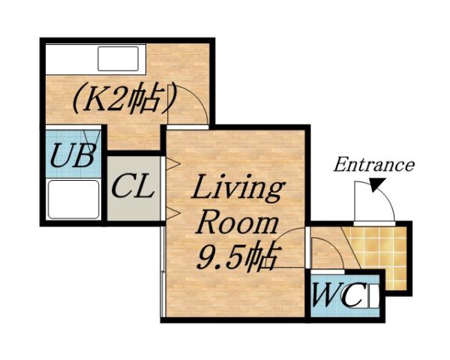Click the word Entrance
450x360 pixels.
(374, 164)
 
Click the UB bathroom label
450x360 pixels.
(73, 157)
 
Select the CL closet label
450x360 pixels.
(133, 187)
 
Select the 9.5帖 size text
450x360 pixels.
(235, 257)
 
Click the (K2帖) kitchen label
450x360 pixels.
(125, 99)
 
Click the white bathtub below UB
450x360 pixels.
(73, 199)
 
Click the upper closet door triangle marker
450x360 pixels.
(173, 162)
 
